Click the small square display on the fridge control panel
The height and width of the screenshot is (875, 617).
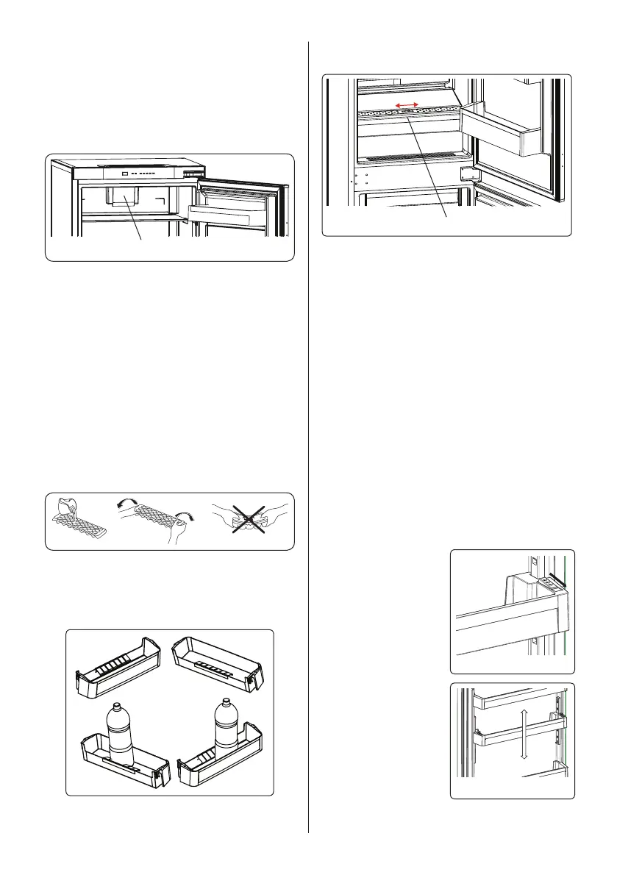126,175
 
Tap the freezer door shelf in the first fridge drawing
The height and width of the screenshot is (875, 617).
228,213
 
